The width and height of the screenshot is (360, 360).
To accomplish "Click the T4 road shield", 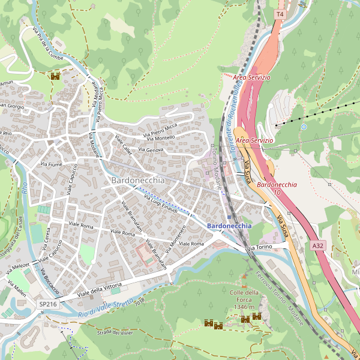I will pos(280,13).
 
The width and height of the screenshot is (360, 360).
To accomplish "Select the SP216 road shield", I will pos(48,305).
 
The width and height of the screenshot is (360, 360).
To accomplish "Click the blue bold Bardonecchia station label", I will pos(229,226).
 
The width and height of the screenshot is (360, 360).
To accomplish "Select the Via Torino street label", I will pos(260,247).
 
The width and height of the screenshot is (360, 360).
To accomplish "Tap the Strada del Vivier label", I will pos(113,332).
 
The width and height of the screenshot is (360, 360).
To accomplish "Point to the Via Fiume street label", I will pos(51,164).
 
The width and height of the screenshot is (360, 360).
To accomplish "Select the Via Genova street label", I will pos(151,149).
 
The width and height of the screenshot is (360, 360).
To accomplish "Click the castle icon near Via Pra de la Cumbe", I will pos(55,76).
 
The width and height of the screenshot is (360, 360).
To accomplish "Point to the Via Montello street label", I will pos(161,138).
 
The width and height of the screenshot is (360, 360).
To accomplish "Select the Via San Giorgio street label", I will pos(11,106).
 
